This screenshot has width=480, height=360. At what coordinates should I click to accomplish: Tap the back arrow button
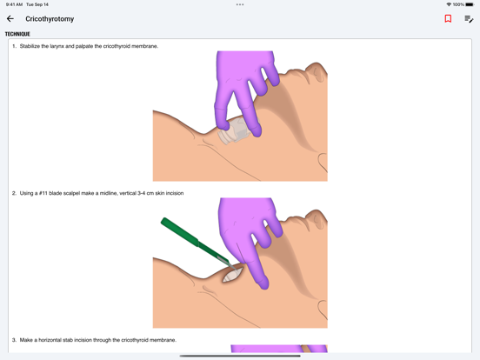point(10,18)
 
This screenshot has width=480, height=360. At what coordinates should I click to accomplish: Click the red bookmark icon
point(448,18)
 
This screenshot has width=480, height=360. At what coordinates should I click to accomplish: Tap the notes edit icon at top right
point(469,18)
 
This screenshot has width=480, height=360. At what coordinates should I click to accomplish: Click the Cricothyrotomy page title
point(50,18)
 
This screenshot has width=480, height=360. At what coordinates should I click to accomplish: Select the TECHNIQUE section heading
point(17,34)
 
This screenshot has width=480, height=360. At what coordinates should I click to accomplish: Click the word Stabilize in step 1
point(32,46)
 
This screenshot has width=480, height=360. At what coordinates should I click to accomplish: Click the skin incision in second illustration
point(234,275)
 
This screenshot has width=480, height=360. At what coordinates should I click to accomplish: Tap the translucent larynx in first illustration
point(235,133)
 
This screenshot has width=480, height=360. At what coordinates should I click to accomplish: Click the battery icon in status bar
point(470,4)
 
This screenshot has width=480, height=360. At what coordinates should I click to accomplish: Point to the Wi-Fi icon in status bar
point(449,4)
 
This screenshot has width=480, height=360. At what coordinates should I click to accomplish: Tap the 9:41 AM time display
point(14,4)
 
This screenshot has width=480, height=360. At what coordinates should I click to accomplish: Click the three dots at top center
point(240,4)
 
